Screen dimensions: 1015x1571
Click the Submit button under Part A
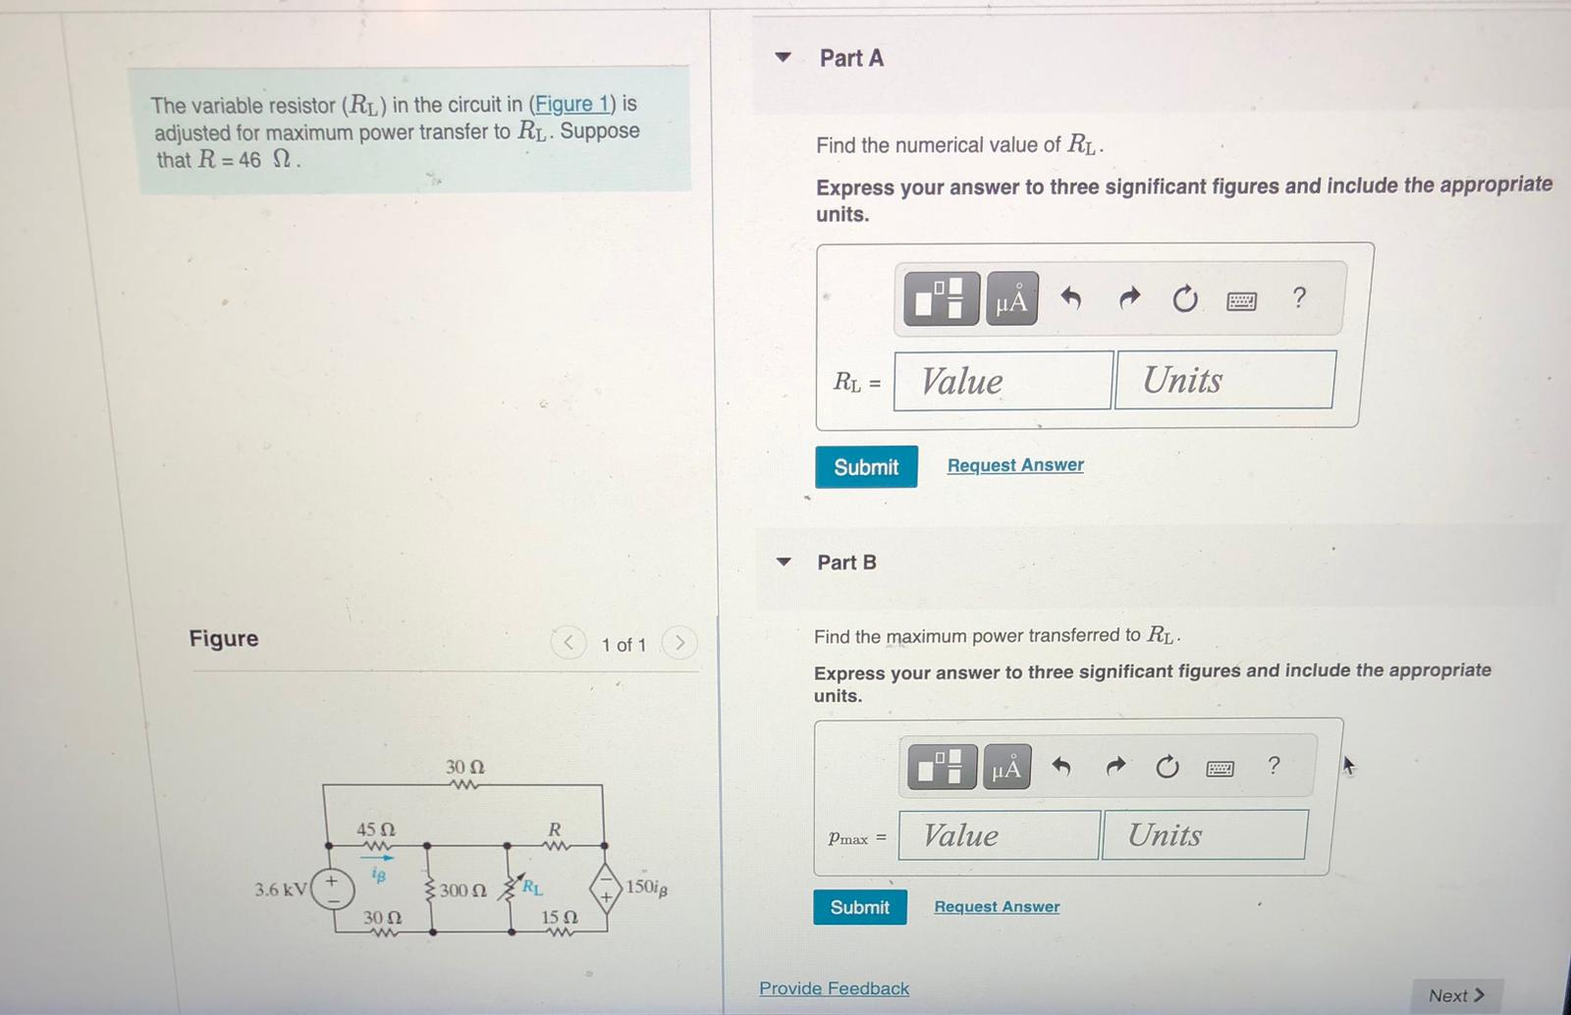866,467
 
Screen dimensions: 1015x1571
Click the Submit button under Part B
859,907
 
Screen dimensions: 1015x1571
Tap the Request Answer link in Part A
1015,465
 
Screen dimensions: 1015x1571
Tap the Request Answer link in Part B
997,907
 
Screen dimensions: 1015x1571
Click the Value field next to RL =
1002,381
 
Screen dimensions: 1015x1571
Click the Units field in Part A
1224,380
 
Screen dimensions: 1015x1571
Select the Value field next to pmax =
998,835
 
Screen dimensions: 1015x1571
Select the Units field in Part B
1204,835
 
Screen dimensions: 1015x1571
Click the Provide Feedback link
834,988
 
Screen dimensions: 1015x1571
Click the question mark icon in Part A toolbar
1299,297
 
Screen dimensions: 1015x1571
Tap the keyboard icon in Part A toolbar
1241,300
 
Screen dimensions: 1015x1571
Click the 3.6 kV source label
280,890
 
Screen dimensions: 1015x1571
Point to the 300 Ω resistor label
462,891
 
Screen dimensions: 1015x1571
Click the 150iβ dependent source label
646,887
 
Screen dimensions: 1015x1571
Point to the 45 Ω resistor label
375,830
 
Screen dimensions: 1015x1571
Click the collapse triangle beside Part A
783,57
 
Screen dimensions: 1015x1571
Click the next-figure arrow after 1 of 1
678,644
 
